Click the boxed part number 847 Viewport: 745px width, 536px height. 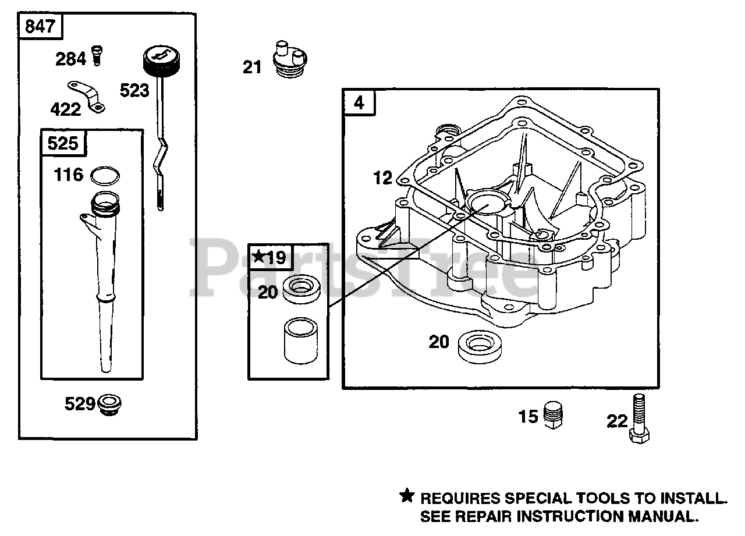tap(40, 26)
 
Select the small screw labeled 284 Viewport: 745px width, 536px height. tap(97, 57)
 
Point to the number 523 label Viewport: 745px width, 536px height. tap(134, 91)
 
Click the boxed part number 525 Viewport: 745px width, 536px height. tap(63, 143)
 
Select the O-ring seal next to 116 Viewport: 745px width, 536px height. tap(106, 175)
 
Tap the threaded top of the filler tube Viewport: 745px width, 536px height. tap(105, 204)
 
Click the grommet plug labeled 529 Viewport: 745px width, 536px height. tap(109, 404)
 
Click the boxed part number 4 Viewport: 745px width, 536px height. tap(359, 102)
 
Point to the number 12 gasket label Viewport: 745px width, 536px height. tap(382, 178)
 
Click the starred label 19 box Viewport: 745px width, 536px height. tap(269, 257)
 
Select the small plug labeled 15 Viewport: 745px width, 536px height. tap(554, 416)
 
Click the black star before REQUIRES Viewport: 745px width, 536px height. tap(407, 496)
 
